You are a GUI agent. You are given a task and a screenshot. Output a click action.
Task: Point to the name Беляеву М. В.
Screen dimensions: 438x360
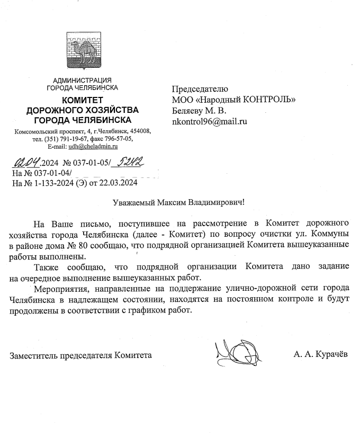[x=199, y=111]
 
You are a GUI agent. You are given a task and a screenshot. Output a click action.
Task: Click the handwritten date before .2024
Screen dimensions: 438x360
[x=26, y=163]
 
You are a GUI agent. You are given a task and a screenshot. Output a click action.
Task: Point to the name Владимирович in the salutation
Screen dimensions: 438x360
[x=219, y=203]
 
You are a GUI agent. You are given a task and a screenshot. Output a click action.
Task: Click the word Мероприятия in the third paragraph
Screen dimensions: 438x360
[x=58, y=288]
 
